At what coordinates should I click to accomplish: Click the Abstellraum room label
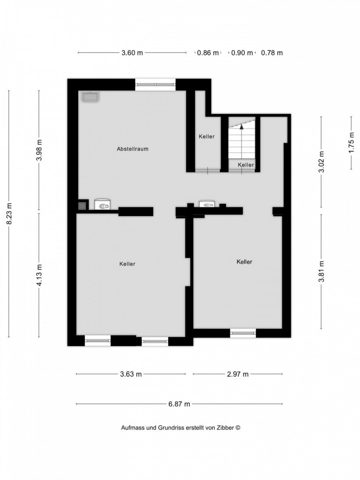[x=133, y=149]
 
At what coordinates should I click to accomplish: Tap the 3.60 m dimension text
[x=132, y=53]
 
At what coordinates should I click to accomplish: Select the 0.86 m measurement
[x=208, y=53]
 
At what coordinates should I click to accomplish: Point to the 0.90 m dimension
[x=242, y=53]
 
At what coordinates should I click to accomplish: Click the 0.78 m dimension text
[x=272, y=53]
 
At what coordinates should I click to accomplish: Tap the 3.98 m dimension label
[x=39, y=151]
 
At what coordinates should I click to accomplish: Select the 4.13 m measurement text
[x=39, y=275]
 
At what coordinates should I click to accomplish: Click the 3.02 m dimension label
[x=321, y=162]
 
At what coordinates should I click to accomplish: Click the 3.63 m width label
[x=131, y=374]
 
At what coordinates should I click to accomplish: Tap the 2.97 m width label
[x=238, y=374]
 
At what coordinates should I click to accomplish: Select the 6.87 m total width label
[x=179, y=404]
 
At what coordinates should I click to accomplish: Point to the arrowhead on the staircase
[x=242, y=126]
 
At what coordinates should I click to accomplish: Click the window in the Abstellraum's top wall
[x=156, y=84]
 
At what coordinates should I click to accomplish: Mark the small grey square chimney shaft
[x=82, y=205]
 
